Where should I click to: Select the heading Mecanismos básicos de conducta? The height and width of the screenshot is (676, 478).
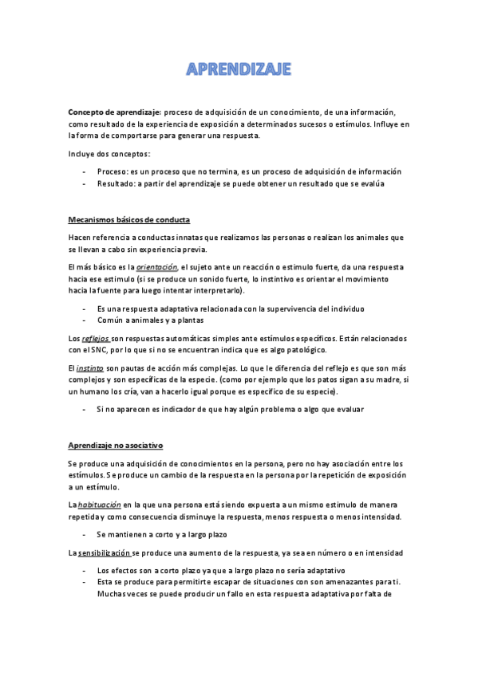click(x=129, y=219)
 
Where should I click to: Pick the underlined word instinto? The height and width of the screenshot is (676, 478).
click(x=89, y=368)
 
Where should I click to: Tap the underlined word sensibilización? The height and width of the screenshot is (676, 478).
click(x=103, y=552)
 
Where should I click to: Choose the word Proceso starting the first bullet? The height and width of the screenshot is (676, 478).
click(x=111, y=171)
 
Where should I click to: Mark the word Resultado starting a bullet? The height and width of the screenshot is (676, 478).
click(x=116, y=183)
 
